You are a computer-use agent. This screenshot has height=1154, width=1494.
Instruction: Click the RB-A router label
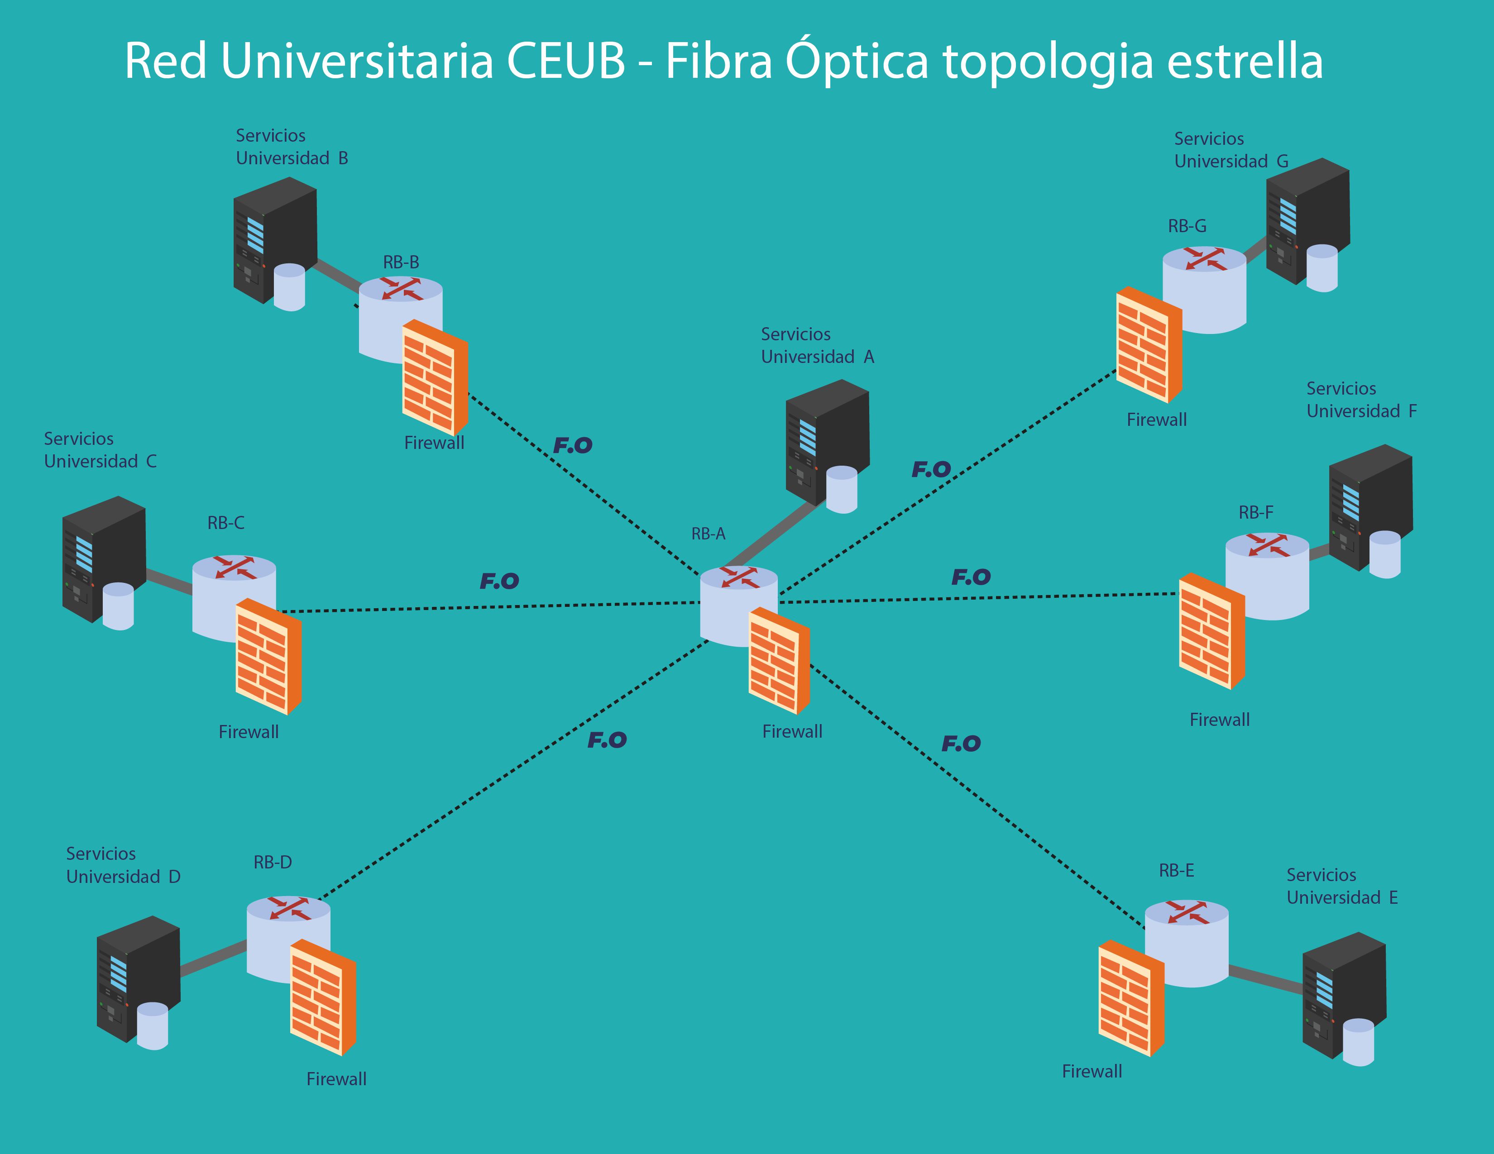(708, 534)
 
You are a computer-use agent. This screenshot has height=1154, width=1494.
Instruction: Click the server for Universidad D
(137, 978)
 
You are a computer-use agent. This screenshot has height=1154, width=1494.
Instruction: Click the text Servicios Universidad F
(1361, 400)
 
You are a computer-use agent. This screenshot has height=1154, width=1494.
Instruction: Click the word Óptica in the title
(857, 62)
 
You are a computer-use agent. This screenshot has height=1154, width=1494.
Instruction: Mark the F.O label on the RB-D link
(607, 740)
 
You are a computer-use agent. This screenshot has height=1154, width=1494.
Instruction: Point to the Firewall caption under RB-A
(792, 731)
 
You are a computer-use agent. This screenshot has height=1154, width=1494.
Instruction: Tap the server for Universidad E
(1343, 995)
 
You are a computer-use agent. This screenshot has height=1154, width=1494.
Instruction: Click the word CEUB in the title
(566, 62)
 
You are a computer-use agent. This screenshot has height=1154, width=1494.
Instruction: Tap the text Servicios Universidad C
(101, 450)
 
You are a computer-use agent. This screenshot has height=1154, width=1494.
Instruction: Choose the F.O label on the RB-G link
(931, 470)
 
